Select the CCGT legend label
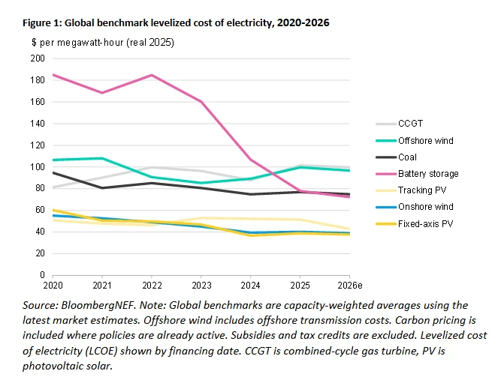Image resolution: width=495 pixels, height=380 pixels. [412, 124]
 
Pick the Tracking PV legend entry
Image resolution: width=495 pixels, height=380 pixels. [418, 190]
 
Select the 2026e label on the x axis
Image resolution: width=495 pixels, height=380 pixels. [348, 287]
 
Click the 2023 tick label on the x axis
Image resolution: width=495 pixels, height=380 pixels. [201, 287]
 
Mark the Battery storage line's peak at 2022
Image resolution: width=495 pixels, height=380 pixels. [152, 75]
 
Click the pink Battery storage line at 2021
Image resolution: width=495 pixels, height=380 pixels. [103, 93]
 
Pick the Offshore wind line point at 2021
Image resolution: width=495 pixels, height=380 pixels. [103, 158]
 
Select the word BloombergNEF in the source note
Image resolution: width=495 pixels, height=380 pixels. [89, 305]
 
